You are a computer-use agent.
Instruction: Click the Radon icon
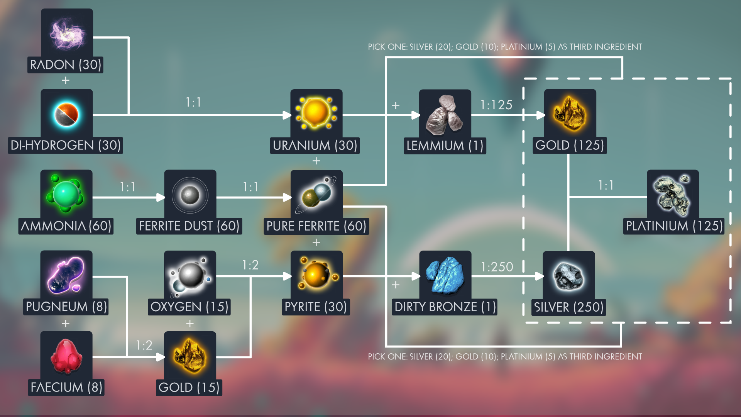click(67, 34)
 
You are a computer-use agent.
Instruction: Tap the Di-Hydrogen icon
click(66, 115)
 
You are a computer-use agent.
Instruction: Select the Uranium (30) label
click(315, 146)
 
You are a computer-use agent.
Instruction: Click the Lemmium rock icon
click(445, 115)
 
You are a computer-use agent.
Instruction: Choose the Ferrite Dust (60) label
click(189, 226)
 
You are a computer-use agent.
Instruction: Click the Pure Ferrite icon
click(316, 195)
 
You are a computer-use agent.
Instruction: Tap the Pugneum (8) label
click(66, 307)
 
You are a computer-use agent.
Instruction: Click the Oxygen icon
click(190, 276)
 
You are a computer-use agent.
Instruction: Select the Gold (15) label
click(189, 387)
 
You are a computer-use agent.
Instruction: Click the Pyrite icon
click(316, 276)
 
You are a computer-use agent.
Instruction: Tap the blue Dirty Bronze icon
click(445, 276)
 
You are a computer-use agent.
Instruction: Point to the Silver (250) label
click(568, 307)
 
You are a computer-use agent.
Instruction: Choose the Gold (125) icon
click(570, 115)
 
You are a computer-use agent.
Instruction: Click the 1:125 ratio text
click(496, 105)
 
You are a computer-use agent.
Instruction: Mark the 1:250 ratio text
click(497, 267)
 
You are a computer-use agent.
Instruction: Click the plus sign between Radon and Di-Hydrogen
click(66, 80)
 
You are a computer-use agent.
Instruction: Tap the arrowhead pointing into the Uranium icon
click(287, 115)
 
